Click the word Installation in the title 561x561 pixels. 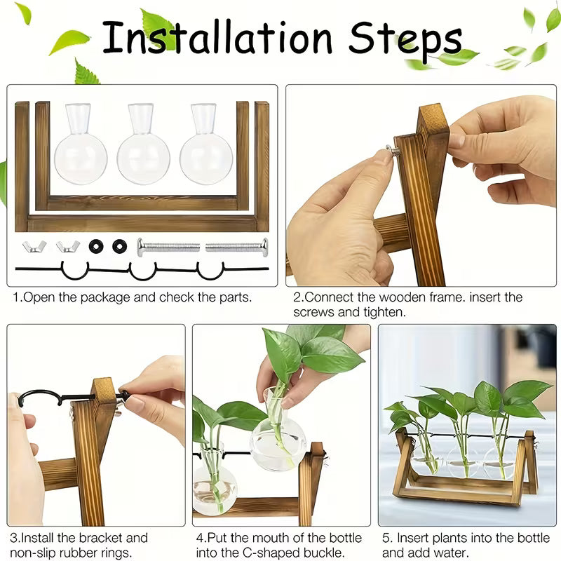tap(217, 39)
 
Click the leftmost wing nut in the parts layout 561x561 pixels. tap(34, 246)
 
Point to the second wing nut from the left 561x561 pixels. tap(67, 246)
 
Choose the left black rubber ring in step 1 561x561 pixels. tap(96, 246)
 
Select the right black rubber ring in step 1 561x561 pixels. tap(120, 246)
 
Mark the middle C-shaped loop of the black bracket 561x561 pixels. tap(143, 271)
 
